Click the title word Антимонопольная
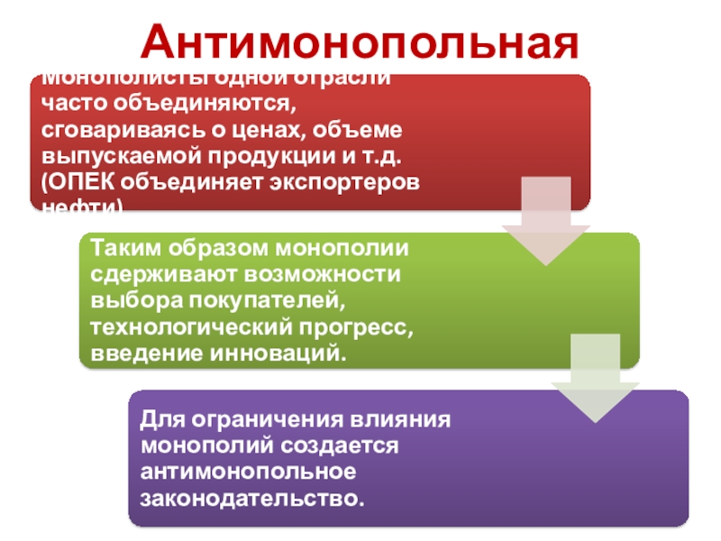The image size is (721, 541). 360,41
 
